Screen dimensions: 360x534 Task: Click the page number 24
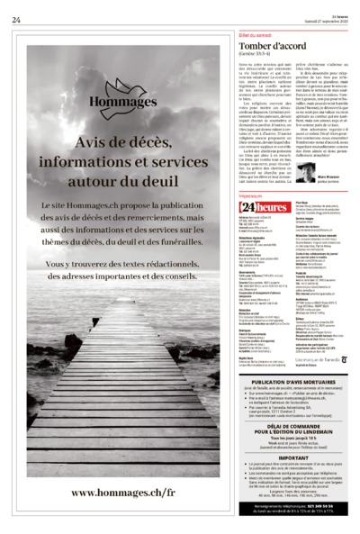pyautogui.click(x=16, y=20)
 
